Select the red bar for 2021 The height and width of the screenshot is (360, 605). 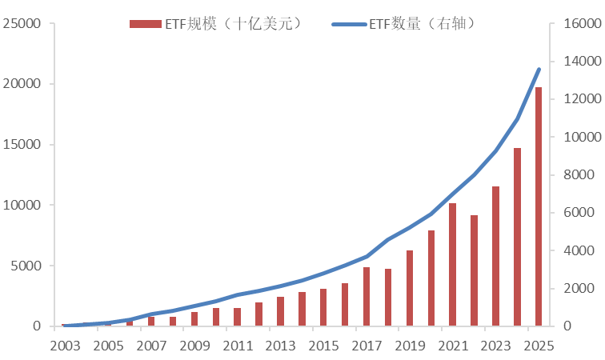coord(452,265)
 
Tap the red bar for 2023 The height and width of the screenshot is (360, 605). coord(495,256)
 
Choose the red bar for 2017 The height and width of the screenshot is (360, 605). coord(367,297)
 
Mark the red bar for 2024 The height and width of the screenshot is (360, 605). coord(517,237)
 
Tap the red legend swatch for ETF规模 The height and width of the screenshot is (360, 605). coord(146,24)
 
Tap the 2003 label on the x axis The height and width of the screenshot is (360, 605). coord(65,346)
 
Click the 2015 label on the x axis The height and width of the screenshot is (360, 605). coord(323,346)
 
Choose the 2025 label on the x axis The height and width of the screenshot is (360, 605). coord(539,346)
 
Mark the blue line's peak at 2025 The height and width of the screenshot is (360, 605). coord(539,69)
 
